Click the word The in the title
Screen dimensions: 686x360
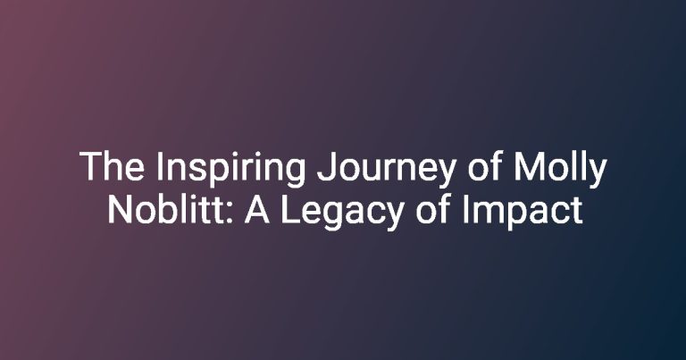point(112,166)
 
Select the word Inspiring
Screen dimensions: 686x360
point(230,170)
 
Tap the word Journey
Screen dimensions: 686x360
point(387,170)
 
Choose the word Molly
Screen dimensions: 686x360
point(560,170)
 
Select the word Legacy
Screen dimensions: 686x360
point(341,212)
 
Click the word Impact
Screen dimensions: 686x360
point(522,212)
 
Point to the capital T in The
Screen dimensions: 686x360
point(90,166)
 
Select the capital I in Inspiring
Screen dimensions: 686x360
point(159,166)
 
